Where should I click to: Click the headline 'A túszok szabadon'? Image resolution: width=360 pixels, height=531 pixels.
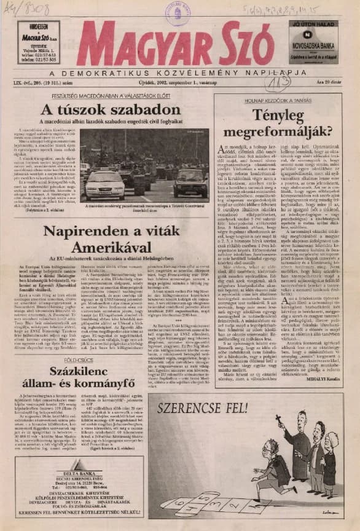click(101, 111)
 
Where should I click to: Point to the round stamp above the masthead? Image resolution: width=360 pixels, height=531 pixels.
click(178, 11)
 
